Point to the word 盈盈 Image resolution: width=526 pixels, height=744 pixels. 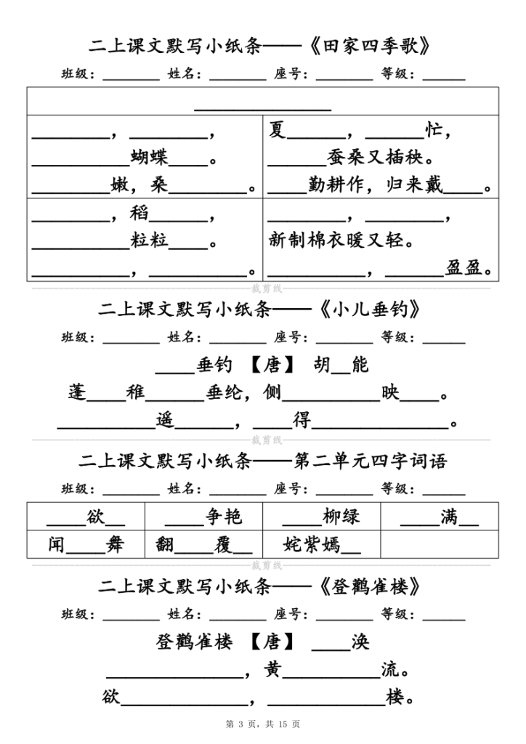click(465, 269)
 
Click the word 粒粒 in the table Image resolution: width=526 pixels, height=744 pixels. click(150, 240)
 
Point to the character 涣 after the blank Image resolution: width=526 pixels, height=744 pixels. click(360, 642)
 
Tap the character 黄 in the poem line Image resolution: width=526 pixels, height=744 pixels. click(273, 669)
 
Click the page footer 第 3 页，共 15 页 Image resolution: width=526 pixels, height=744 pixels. click(263, 724)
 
